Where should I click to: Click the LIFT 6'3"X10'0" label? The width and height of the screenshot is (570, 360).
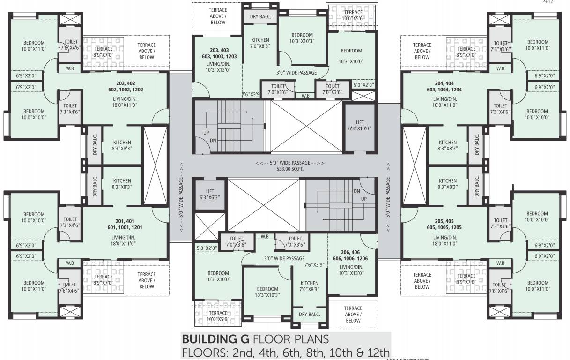(x=360, y=125)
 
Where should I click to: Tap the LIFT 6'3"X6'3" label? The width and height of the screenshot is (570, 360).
(x=209, y=195)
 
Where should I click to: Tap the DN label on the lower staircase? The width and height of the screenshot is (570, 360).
(x=356, y=191)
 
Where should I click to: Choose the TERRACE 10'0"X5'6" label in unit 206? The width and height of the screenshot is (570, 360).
(x=218, y=316)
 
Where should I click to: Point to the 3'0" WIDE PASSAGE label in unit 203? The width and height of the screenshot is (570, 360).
(x=296, y=73)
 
